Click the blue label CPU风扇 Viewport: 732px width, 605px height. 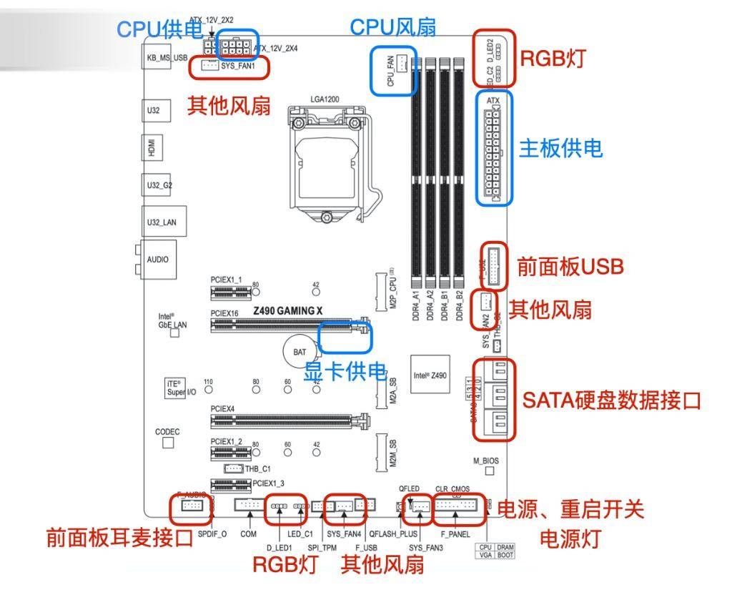pos(392,27)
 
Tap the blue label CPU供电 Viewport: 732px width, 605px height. pos(159,29)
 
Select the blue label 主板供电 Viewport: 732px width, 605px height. pos(560,148)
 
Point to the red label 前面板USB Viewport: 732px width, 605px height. pos(570,267)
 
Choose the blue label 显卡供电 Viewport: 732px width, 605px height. pos(345,372)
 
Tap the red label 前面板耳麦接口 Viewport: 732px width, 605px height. pos(120,538)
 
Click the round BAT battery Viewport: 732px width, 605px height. pos(300,352)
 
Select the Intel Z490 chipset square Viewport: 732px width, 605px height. pos(430,375)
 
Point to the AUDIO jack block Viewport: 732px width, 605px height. pos(158,260)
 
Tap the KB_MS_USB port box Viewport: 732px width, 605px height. pos(167,57)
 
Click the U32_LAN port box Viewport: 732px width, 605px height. pos(161,222)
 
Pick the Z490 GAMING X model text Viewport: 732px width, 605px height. pos(288,311)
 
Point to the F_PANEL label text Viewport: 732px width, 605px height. pos(455,534)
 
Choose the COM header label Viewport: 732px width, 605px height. pos(248,534)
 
